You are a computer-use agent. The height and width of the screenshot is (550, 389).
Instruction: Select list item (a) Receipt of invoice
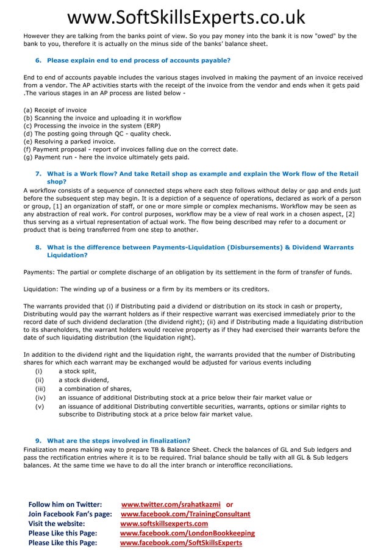55,110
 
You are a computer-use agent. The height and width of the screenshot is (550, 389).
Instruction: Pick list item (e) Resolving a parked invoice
69,141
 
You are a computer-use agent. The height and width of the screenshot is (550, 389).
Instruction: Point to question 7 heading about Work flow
202,173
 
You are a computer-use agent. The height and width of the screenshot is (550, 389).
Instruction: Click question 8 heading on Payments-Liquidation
200,248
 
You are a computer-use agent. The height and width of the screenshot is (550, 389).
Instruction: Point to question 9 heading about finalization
118,441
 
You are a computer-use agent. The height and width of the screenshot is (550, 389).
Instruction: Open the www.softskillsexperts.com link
164,523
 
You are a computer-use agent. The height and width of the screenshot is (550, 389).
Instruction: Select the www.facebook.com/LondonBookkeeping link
187,533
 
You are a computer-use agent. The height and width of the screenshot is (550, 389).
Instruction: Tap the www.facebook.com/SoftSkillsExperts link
181,543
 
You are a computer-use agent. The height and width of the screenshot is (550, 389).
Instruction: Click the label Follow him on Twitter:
65,504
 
